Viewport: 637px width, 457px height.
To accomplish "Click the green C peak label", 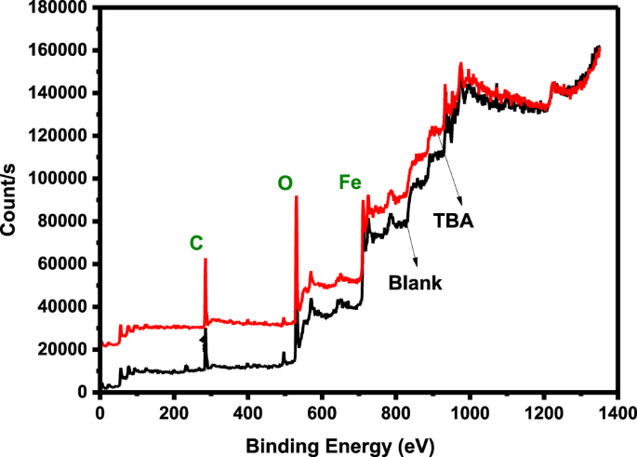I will click(195, 244).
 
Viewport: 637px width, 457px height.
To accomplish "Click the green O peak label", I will click(285, 184).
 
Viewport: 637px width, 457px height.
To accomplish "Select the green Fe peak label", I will click(351, 183).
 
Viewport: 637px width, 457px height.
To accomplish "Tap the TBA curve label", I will click(456, 222).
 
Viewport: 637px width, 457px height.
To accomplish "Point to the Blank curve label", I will click(416, 282).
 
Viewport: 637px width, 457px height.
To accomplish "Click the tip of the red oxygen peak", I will click(296, 197).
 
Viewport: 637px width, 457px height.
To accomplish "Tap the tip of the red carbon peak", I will click(205, 260).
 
